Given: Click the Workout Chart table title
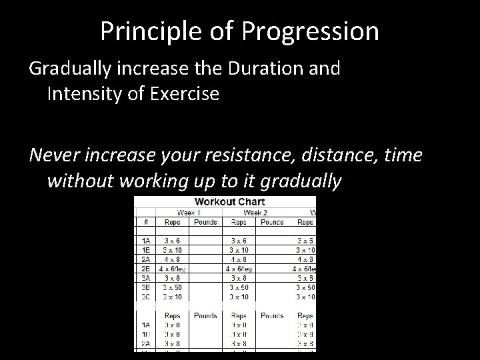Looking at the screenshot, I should (229, 201).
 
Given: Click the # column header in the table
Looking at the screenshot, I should (145, 221).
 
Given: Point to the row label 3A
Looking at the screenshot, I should (145, 278).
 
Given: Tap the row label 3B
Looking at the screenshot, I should (145, 287).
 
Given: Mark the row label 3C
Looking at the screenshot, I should (145, 297).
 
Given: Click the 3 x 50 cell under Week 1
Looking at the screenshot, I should (171, 287).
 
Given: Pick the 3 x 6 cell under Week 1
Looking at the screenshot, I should (171, 240).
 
